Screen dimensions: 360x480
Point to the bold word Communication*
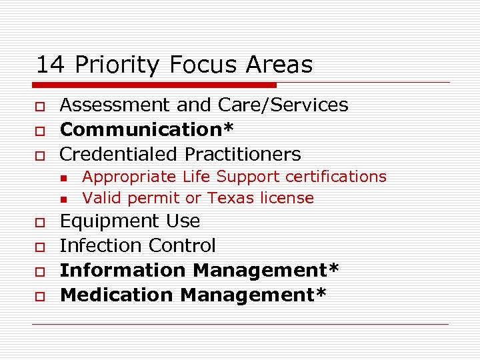[x=146, y=129]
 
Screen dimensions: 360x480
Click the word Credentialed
[x=119, y=155]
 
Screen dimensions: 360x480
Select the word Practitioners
[x=243, y=155]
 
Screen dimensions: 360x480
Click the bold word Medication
[x=117, y=295]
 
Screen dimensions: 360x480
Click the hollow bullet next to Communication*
[x=40, y=131]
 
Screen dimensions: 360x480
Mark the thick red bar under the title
[x=153, y=85]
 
